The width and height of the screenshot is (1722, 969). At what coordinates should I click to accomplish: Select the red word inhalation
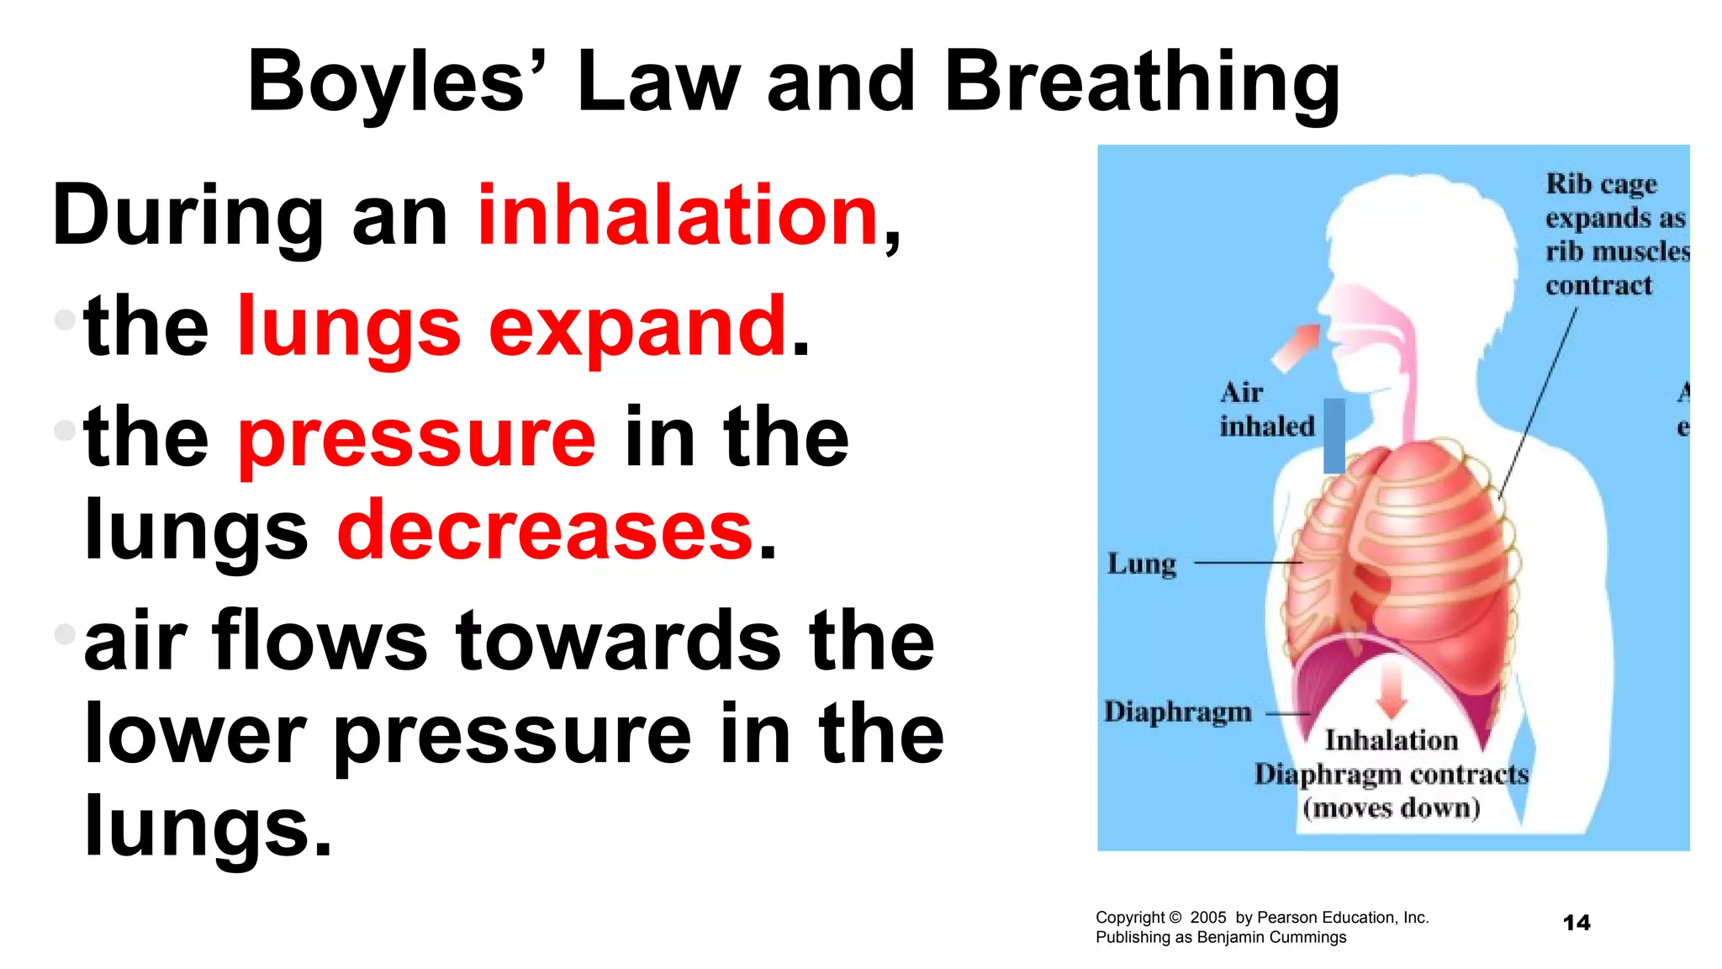(678, 216)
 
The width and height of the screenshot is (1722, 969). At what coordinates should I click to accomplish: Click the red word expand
(637, 328)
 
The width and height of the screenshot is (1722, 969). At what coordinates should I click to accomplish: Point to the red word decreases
(545, 530)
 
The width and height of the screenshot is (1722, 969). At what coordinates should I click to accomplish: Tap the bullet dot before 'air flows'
(65, 633)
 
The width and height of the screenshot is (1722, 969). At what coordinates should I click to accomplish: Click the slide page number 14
(1576, 923)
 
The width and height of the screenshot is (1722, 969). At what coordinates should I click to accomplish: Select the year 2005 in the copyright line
(1207, 918)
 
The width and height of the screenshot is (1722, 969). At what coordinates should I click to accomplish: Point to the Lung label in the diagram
(1141, 564)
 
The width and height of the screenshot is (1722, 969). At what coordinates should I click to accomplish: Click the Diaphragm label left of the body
(1177, 712)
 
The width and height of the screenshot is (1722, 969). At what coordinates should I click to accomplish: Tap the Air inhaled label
(1265, 410)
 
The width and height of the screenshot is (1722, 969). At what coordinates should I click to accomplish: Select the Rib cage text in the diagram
(1601, 184)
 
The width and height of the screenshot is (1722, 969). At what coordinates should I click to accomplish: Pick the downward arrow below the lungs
(1392, 688)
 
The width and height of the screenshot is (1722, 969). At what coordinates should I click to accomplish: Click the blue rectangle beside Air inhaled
(1334, 436)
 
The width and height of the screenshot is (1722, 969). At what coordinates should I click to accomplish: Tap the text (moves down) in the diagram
(1391, 808)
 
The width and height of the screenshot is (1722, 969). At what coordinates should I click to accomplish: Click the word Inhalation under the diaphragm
(1392, 740)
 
